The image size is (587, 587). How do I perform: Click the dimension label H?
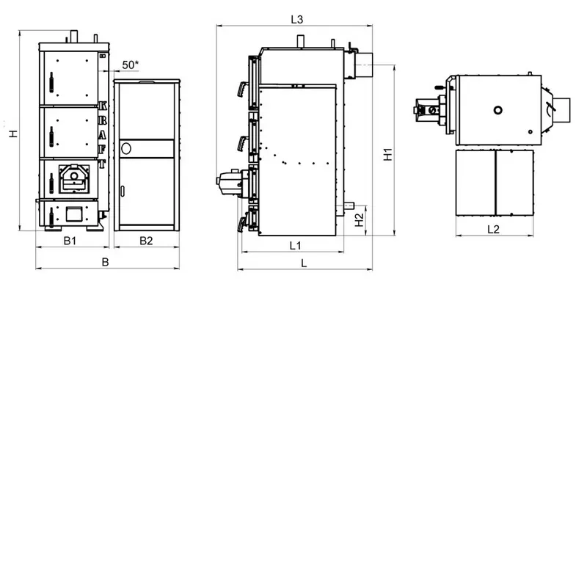13,134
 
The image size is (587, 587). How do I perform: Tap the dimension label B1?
70,241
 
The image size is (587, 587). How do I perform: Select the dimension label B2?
146,241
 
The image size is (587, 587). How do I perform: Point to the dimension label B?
105,262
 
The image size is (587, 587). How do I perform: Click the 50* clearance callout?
131,65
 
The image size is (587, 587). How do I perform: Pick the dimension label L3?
297,20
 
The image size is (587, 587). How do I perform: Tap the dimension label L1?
296,246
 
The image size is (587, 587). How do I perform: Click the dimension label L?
304,263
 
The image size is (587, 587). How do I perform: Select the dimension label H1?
388,154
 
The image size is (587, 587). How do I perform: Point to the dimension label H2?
359,219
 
